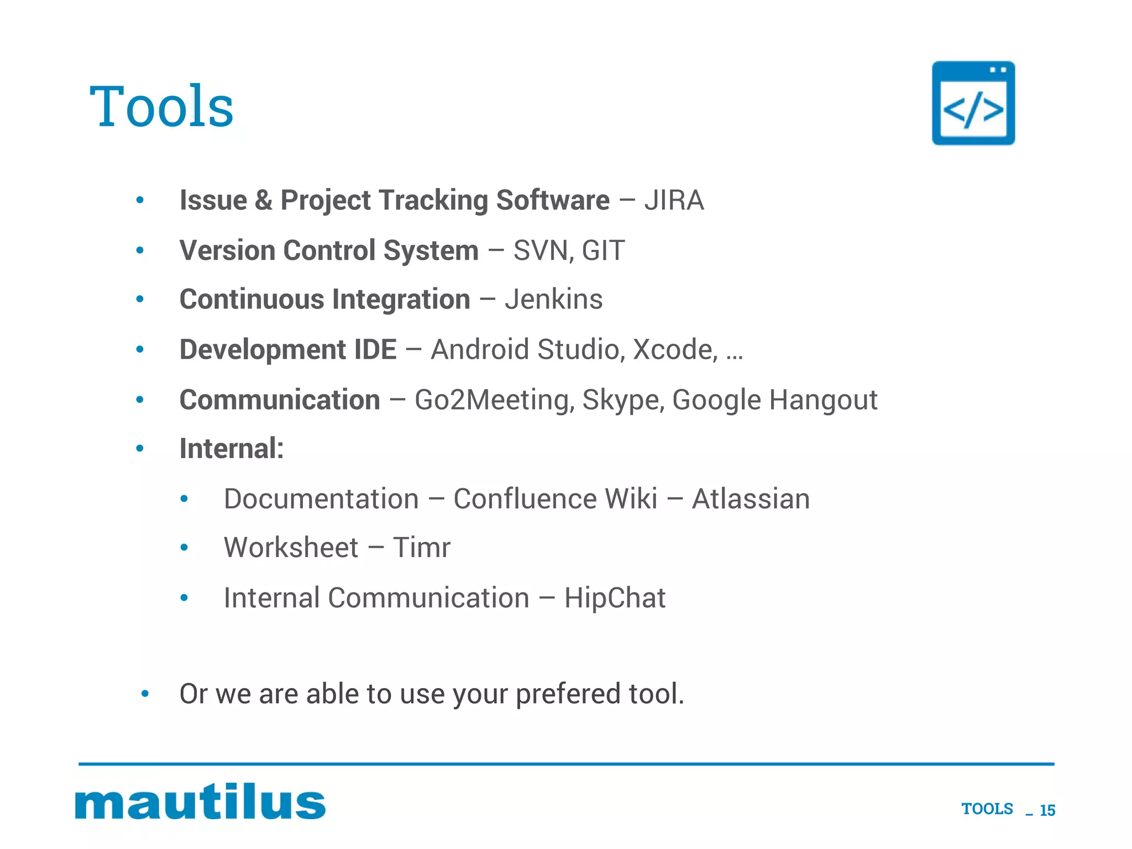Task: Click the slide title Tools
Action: tap(161, 106)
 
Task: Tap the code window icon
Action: tap(973, 103)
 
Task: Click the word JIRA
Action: tap(674, 200)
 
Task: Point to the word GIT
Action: tap(603, 250)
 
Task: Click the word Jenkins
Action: tap(553, 300)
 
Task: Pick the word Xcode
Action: tap(674, 349)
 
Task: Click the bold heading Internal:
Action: tap(232, 448)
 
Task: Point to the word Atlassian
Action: tap(751, 499)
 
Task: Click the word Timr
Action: tap(421, 548)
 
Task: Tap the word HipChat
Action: tap(615, 598)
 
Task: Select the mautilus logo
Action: tap(200, 801)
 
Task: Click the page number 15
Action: tap(1047, 810)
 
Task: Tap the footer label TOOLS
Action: tap(987, 809)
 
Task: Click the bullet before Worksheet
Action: tap(185, 548)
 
